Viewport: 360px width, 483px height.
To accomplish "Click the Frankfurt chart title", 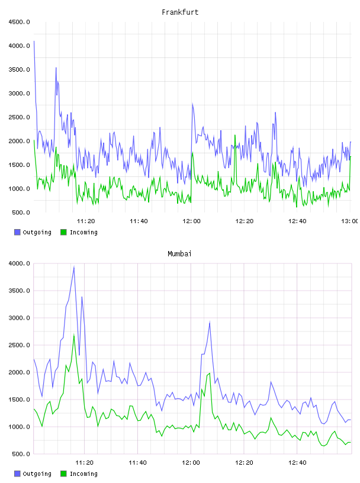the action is pos(180,12).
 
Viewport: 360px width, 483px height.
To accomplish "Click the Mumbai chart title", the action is pos(179,254).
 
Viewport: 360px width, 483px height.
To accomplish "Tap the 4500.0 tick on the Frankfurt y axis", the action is pos(20,22).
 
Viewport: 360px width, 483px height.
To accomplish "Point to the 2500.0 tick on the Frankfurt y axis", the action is pos(20,117).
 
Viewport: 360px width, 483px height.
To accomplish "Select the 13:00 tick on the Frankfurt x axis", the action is pos(349,221).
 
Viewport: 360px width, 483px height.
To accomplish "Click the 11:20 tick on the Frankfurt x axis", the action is pos(86,221).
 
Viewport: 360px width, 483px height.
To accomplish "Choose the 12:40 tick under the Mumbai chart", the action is pos(297,463).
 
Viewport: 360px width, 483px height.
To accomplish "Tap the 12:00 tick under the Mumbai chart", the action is pos(191,463).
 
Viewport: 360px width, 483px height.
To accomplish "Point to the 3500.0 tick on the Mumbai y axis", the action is pos(20,291).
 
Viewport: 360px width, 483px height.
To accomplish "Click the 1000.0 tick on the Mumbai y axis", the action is pos(20,427).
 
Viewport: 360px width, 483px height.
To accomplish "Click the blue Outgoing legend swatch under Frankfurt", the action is pos(17,232).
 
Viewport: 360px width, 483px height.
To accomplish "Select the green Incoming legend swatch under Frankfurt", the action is pos(63,232).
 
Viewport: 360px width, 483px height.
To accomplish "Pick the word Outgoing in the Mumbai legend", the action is pos(37,474).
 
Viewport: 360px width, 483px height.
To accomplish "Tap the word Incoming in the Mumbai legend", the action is pos(83,474).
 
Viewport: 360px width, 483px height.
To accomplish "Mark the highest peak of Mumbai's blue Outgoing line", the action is pos(74,267).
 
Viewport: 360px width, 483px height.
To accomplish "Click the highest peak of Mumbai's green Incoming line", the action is pos(74,335).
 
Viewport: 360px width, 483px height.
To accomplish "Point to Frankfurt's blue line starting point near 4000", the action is pos(34,41).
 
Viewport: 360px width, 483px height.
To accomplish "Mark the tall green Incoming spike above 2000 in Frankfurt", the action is pos(235,135).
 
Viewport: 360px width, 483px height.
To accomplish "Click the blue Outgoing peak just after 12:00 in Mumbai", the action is pos(210,322).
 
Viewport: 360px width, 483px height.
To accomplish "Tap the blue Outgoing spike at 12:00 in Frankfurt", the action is pos(192,104).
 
